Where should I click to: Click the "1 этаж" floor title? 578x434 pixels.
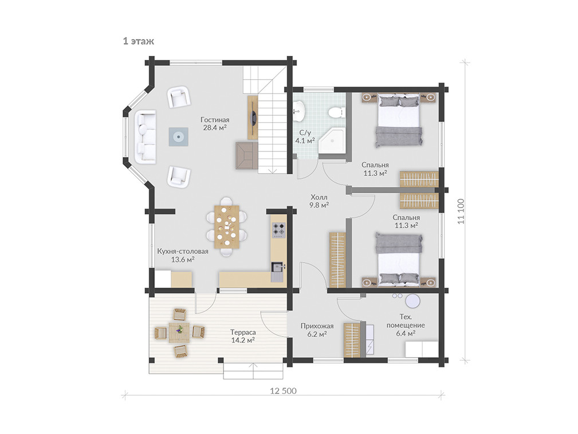click(x=139, y=41)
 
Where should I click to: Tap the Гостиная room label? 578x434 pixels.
click(x=215, y=120)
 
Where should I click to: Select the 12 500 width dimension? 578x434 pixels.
click(x=283, y=391)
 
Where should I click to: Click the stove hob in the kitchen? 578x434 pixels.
click(x=278, y=229)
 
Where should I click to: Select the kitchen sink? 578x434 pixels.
click(x=277, y=271)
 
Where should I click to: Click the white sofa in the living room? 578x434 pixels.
click(x=146, y=136)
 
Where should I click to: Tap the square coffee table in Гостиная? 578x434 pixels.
click(x=179, y=136)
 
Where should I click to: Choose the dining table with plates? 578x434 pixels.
click(x=227, y=226)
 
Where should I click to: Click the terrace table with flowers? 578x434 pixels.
click(x=179, y=333)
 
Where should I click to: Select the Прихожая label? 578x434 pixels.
click(x=317, y=326)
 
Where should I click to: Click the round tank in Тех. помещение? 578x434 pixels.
click(x=412, y=301)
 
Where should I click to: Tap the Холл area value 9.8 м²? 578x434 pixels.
click(x=319, y=205)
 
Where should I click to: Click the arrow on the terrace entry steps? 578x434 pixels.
click(x=253, y=371)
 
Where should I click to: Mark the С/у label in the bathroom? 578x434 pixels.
click(x=305, y=132)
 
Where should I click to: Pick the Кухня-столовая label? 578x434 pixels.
click(x=183, y=251)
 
